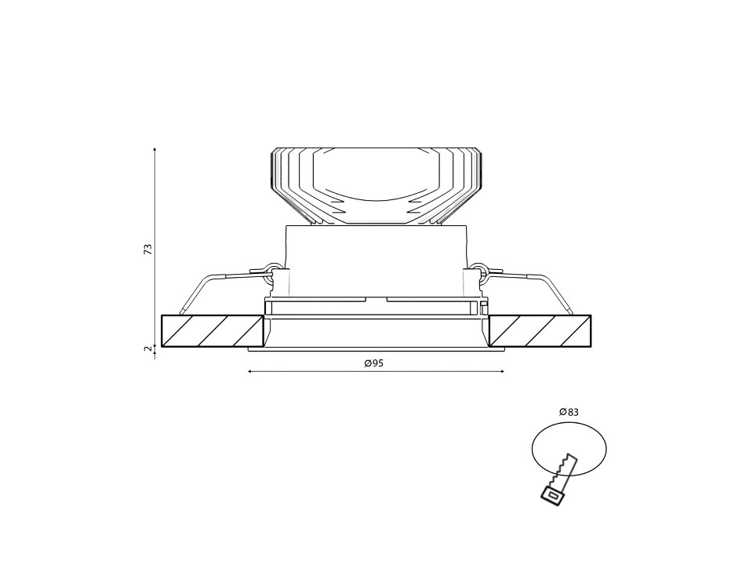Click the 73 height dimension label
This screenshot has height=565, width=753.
click(x=148, y=249)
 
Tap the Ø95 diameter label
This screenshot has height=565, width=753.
click(x=374, y=363)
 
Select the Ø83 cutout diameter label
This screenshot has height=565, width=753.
click(x=569, y=412)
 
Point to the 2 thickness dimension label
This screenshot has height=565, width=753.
click(x=148, y=348)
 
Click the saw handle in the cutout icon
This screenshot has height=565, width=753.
click(x=553, y=494)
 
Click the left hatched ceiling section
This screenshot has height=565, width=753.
click(x=213, y=330)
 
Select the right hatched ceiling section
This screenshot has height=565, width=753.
click(x=540, y=330)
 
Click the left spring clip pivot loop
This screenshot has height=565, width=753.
click(x=273, y=268)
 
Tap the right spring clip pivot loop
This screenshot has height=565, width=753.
click(x=479, y=268)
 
